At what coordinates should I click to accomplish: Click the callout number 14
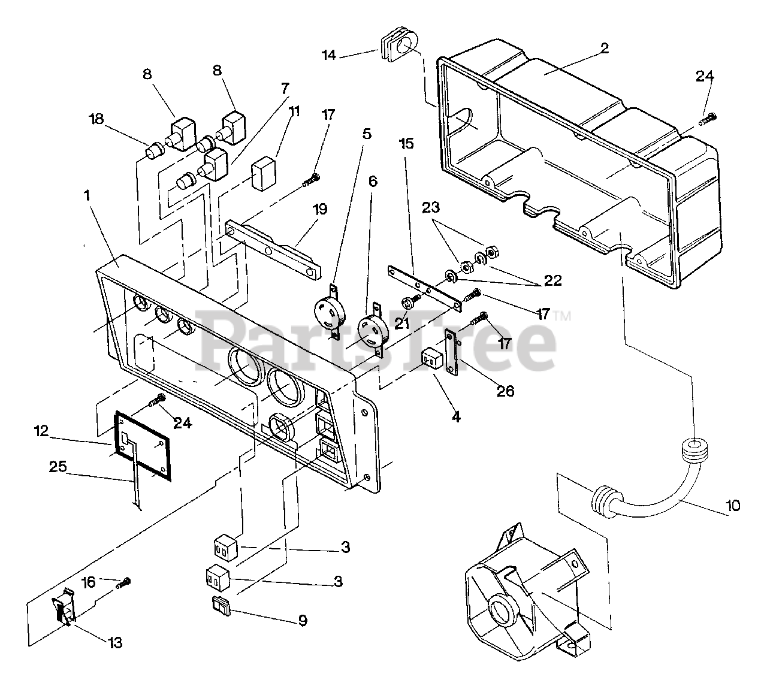(x=328, y=55)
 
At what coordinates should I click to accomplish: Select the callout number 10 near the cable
(x=733, y=506)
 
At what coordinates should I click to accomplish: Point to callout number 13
(x=115, y=642)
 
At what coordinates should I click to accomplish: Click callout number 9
(x=303, y=620)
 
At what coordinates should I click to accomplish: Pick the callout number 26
(x=506, y=391)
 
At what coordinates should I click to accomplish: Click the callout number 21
(x=401, y=324)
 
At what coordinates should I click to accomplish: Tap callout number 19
(x=320, y=209)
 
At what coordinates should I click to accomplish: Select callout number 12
(x=41, y=431)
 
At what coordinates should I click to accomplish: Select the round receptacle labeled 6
(x=373, y=329)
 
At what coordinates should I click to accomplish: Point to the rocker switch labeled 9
(x=221, y=606)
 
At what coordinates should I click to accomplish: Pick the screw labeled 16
(x=124, y=583)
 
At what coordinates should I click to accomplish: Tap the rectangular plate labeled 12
(x=143, y=446)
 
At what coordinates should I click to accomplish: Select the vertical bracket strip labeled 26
(x=451, y=352)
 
